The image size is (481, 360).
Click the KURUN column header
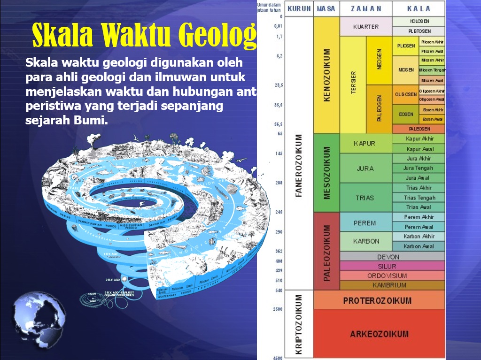[x=299, y=8]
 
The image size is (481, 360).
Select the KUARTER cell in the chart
[x=365, y=27]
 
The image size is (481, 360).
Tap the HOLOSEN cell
[x=419, y=22]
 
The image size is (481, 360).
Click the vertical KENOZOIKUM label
[x=327, y=75]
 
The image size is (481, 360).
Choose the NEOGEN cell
[x=379, y=60]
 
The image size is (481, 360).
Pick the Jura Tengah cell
[x=419, y=168]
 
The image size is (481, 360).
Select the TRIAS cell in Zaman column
[x=365, y=198]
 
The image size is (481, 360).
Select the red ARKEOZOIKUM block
[x=379, y=334]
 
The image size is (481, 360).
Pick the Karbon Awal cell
[x=419, y=246]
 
